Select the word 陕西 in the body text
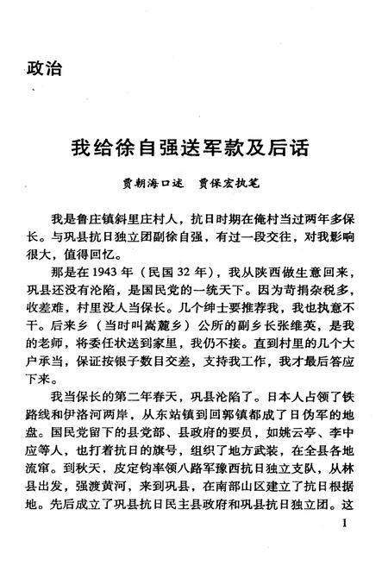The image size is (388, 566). (278, 271)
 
